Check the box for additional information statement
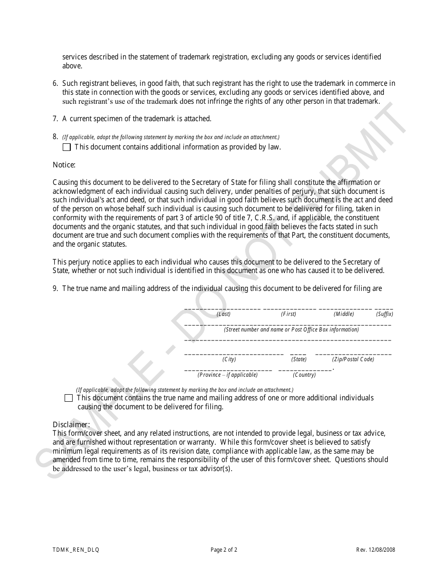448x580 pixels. [66, 147]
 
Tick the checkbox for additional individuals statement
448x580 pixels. [69, 398]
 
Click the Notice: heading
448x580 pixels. [64, 165]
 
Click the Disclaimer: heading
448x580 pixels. [71, 424]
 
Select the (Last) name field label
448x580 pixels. [224, 314]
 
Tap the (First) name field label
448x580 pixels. [289, 314]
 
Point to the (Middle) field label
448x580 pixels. [344, 314]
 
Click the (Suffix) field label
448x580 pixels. [384, 314]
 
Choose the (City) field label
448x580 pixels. [229, 359]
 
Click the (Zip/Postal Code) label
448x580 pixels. [353, 359]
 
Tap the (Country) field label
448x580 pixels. [304, 375]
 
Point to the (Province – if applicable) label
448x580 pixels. [228, 375]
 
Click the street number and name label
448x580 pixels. [291, 330]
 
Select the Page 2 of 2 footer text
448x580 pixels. [224, 550]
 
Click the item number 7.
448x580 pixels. [55, 119]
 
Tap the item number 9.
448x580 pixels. [55, 289]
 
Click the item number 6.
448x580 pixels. [55, 83]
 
